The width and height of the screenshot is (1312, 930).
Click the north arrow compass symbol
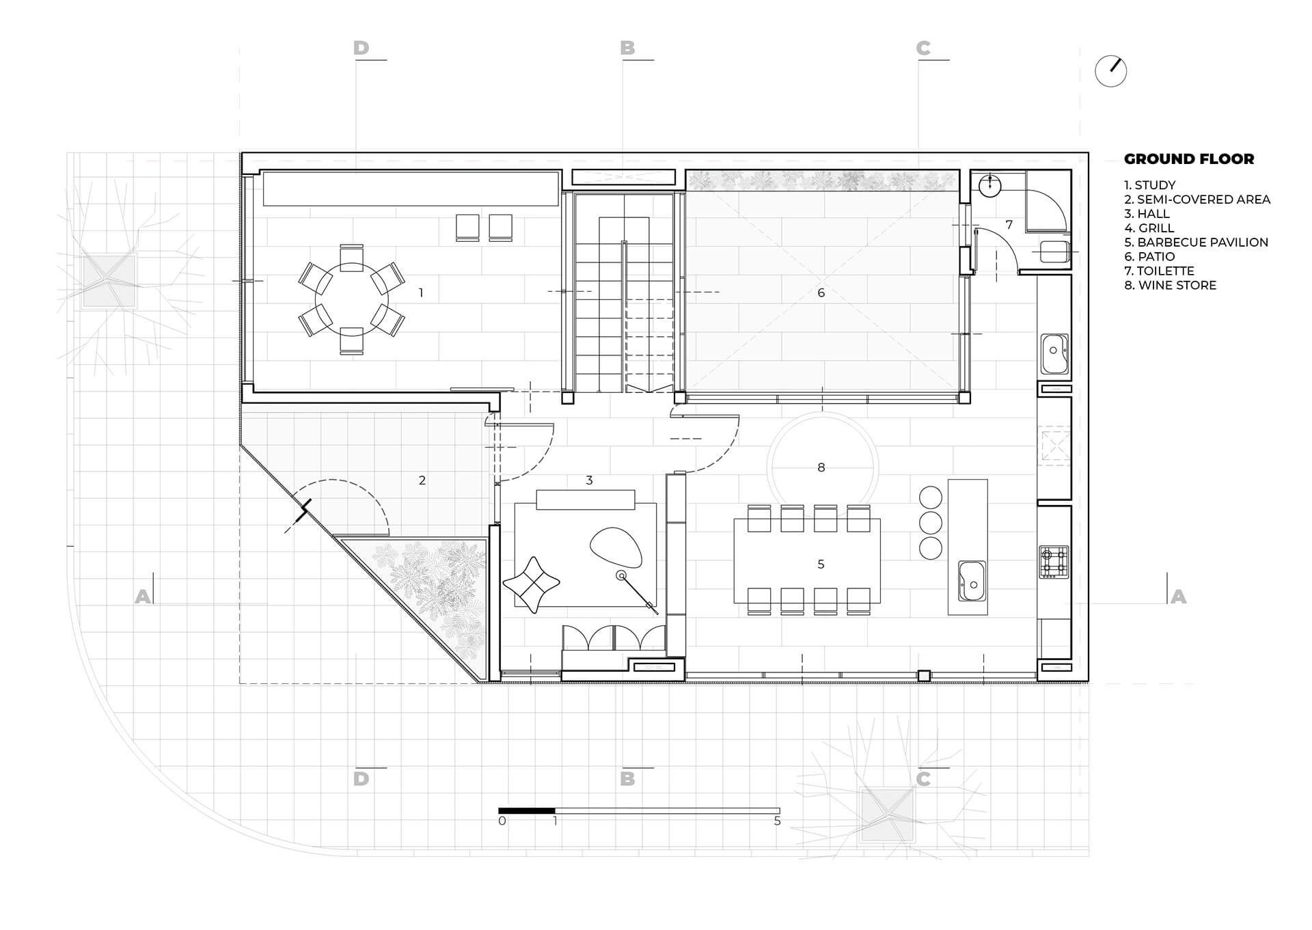pyautogui.click(x=1110, y=70)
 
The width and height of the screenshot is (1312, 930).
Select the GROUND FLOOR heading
pyautogui.click(x=1189, y=159)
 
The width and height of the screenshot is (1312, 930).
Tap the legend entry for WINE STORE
pyautogui.click(x=1171, y=286)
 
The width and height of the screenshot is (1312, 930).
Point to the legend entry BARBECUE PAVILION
pyautogui.click(x=1196, y=243)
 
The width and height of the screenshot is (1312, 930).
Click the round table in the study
pyautogui.click(x=351, y=299)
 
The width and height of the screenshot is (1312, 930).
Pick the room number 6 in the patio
pyautogui.click(x=821, y=292)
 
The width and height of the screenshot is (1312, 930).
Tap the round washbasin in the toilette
pyautogui.click(x=989, y=184)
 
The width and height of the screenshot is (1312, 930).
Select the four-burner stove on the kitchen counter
pyautogui.click(x=1053, y=562)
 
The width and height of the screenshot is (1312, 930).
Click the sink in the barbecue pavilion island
pyautogui.click(x=972, y=581)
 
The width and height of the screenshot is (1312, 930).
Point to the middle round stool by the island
pyautogui.click(x=931, y=523)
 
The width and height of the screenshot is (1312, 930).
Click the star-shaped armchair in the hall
pyautogui.click(x=531, y=584)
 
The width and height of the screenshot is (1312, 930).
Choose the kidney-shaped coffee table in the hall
pyautogui.click(x=616, y=547)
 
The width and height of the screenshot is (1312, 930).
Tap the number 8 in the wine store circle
pyautogui.click(x=821, y=467)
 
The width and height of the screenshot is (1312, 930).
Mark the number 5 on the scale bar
pyautogui.click(x=777, y=821)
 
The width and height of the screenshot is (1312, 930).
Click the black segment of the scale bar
pyautogui.click(x=527, y=811)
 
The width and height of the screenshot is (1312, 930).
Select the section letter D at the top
pyautogui.click(x=361, y=48)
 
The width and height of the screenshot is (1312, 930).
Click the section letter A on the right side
pyautogui.click(x=1178, y=597)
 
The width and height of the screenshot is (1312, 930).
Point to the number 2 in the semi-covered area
pyautogui.click(x=422, y=480)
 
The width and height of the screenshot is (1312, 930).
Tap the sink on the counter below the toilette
pyautogui.click(x=1054, y=353)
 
